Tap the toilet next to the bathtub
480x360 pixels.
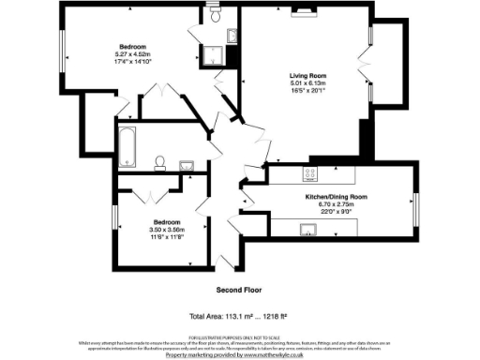click(160, 163)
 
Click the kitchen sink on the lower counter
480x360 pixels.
click(307, 227)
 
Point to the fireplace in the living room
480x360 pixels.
click(306, 12)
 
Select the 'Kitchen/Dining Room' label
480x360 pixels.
click(335, 197)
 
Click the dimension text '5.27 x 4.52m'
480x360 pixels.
click(132, 54)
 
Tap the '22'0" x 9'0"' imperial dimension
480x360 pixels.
click(335, 212)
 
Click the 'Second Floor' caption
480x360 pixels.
click(238, 289)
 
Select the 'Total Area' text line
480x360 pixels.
click(238, 316)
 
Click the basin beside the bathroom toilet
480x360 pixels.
click(186, 166)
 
